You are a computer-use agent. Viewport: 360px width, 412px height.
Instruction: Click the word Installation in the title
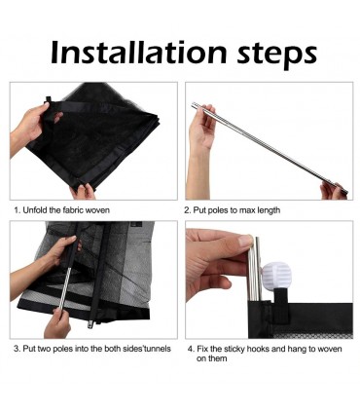pos(138,52)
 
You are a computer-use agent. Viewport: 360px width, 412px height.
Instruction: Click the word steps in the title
pos(276,55)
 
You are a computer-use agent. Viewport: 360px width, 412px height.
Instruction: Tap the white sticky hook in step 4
pos(276,276)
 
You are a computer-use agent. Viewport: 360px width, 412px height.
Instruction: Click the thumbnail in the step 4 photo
pos(245,242)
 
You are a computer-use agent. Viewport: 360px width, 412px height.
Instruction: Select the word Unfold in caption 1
pos(35,210)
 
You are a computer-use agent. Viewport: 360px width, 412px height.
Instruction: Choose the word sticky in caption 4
pos(234,350)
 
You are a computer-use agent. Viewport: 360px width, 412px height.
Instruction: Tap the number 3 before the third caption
pos(17,349)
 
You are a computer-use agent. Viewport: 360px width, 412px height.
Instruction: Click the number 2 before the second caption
pos(187,210)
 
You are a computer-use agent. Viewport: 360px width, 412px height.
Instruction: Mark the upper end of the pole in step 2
pos(193,105)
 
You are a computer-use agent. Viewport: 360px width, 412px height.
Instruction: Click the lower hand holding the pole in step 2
pos(332,191)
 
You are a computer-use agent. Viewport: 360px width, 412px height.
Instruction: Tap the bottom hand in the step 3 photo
pos(57,323)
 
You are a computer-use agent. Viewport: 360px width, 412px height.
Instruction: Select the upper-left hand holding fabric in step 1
pos(30,126)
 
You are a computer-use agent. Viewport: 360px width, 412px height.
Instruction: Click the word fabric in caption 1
pos(71,210)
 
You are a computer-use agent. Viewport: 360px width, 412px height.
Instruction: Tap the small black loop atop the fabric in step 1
pos(49,99)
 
